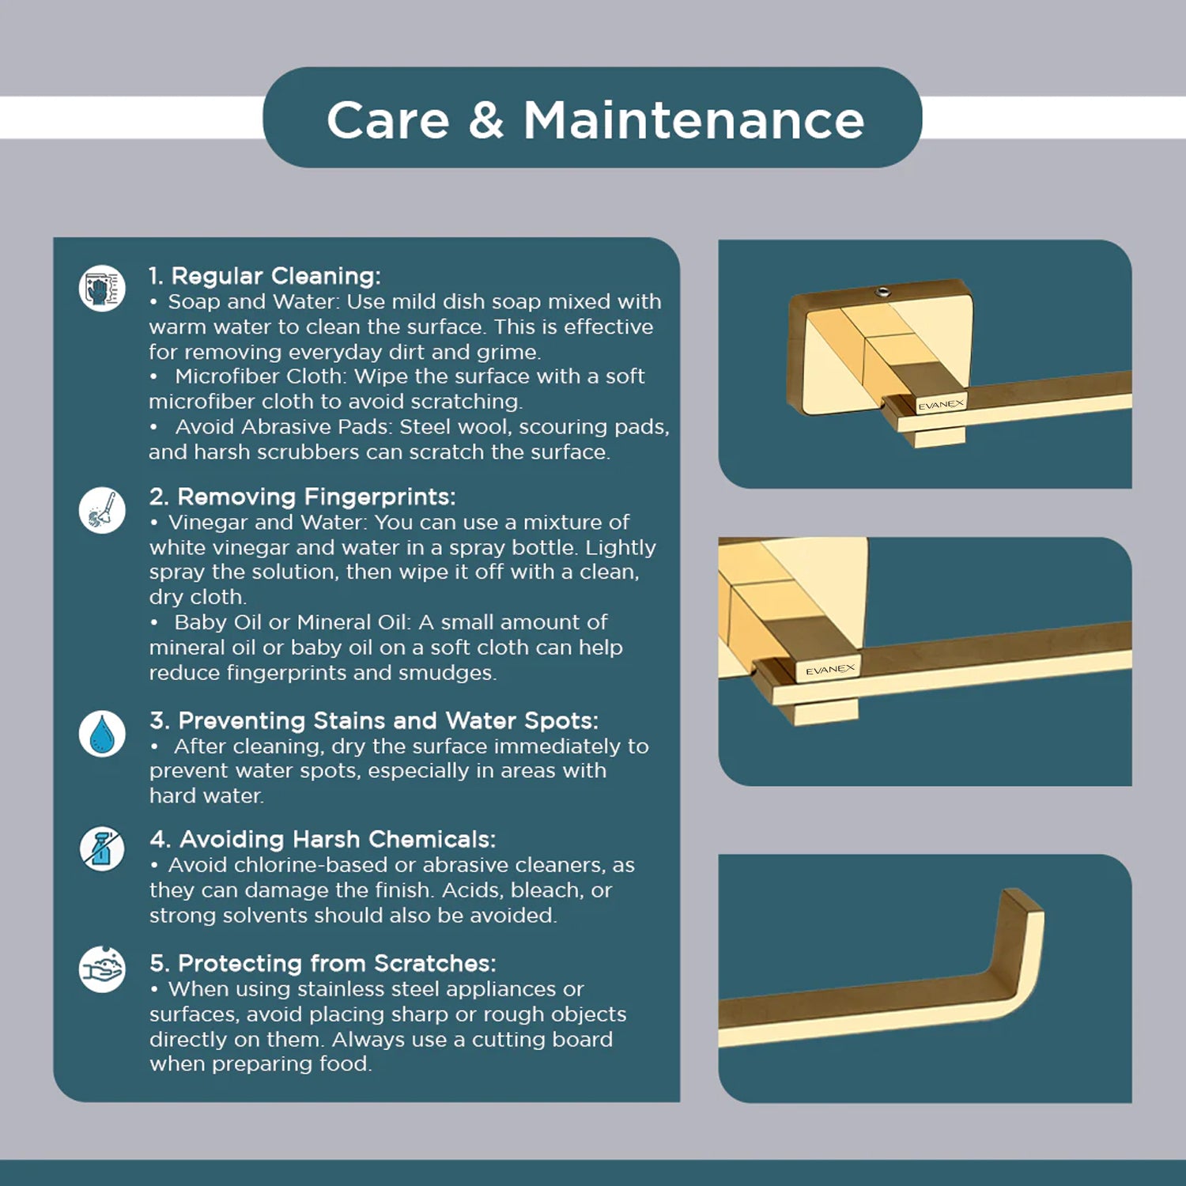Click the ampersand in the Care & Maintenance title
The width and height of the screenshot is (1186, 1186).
click(x=485, y=121)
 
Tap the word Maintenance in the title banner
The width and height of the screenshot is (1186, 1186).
click(x=694, y=121)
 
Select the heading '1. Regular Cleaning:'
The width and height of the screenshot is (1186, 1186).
click(x=265, y=276)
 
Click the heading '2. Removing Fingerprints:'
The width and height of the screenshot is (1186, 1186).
click(x=303, y=497)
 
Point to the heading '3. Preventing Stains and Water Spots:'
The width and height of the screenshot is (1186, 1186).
click(x=374, y=720)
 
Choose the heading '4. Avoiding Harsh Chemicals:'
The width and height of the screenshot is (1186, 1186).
click(x=323, y=839)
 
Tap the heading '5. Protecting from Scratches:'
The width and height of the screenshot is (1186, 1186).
click(x=323, y=963)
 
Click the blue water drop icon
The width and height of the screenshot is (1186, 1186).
click(x=102, y=734)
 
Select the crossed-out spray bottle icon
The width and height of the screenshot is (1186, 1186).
click(x=102, y=850)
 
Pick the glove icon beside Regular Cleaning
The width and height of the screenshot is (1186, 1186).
click(x=102, y=288)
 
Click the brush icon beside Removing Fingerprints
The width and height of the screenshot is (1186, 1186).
click(x=102, y=510)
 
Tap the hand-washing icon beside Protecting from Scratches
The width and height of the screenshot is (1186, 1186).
click(x=102, y=969)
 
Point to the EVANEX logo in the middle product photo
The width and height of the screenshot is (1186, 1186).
click(x=830, y=670)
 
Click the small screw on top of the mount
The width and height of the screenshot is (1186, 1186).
click(x=884, y=293)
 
